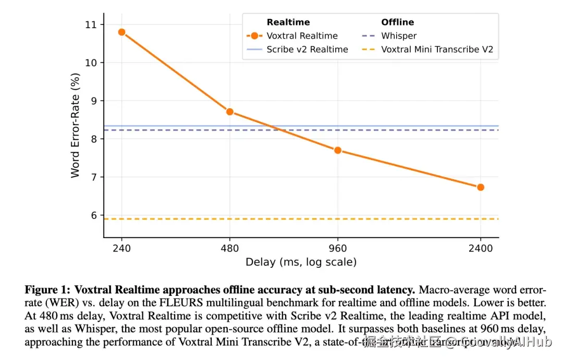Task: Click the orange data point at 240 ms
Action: click(122, 32)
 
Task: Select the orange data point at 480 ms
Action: click(229, 112)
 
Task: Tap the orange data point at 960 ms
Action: click(338, 150)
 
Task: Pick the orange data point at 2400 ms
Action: click(480, 187)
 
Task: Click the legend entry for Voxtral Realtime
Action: click(302, 36)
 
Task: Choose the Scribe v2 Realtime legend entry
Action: click(307, 49)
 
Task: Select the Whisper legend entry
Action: click(399, 36)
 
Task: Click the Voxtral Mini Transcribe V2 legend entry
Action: click(437, 49)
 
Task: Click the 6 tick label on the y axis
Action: click(94, 215)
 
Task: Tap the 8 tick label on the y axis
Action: click(94, 139)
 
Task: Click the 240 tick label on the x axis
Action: click(122, 248)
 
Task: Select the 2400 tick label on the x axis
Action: click(480, 248)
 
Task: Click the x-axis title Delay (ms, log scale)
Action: click(301, 262)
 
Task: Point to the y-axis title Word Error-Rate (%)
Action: click(76, 125)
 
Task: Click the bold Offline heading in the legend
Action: click(397, 22)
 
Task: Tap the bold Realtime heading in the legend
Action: click(288, 22)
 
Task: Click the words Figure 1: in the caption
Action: click(47, 289)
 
